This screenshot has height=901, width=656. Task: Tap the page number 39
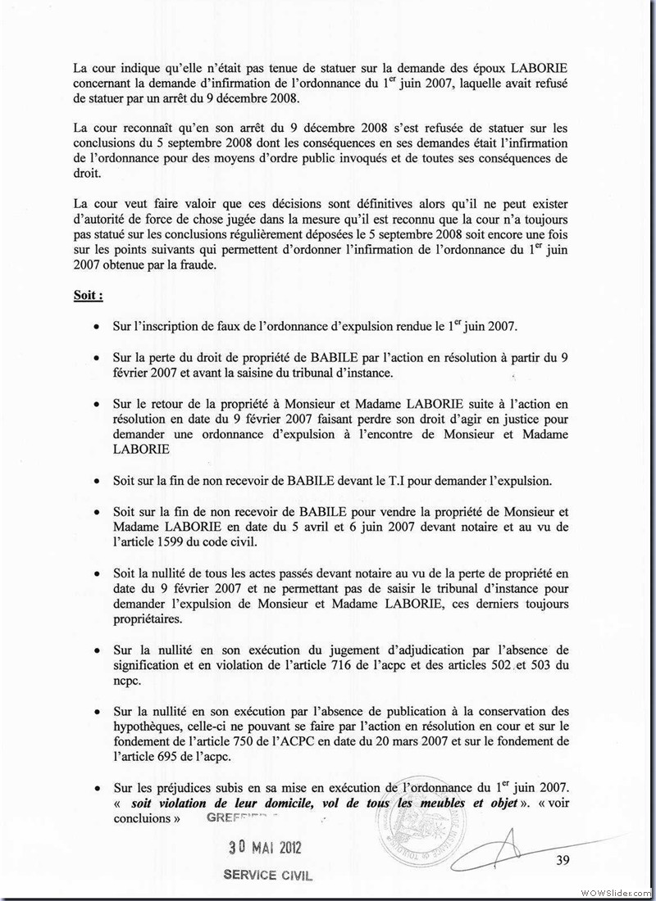pos(563,859)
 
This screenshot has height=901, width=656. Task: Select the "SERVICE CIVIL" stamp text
pos(268,875)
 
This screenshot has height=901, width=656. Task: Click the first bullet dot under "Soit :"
pos(97,327)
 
